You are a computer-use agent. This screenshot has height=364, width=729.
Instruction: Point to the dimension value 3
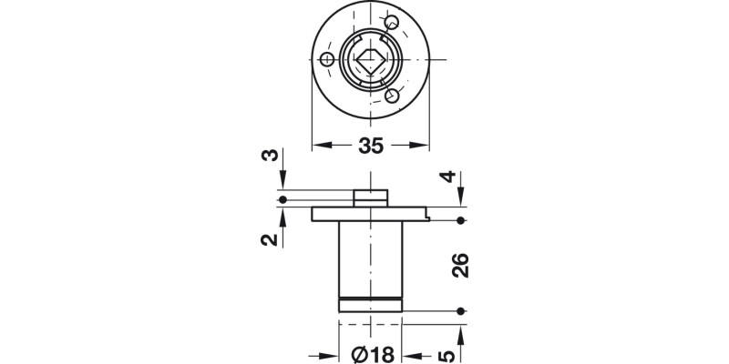pyautogui.click(x=269, y=156)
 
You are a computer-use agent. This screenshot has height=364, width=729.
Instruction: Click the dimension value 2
pyautogui.click(x=269, y=239)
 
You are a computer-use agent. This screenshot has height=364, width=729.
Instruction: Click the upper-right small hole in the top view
pyautogui.click(x=392, y=23)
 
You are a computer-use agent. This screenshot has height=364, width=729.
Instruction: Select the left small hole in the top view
pyautogui.click(x=327, y=60)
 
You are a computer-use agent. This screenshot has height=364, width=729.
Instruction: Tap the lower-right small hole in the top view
pyautogui.click(x=392, y=96)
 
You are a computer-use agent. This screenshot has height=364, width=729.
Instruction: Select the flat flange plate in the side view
pyautogui.click(x=370, y=215)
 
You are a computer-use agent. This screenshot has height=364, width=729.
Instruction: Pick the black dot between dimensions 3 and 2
pyautogui.click(x=283, y=199)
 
